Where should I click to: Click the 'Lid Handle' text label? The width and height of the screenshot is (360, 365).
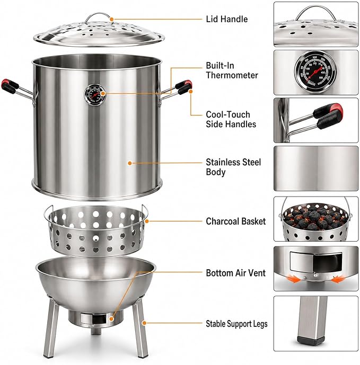pyautogui.click(x=227, y=19)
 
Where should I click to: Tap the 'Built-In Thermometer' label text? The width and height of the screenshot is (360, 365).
pyautogui.click(x=232, y=70)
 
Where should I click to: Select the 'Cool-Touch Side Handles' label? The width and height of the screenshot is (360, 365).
pyautogui.click(x=231, y=119)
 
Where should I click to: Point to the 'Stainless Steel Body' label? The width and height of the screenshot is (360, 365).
pyautogui.click(x=233, y=167)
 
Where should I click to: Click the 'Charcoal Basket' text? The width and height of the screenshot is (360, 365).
pyautogui.click(x=235, y=221)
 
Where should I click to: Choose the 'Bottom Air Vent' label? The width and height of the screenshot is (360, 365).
pyautogui.click(x=235, y=273)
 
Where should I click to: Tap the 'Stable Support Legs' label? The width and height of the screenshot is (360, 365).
pyautogui.click(x=236, y=324)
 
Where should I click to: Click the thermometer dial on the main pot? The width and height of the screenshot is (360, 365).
pyautogui.click(x=94, y=95)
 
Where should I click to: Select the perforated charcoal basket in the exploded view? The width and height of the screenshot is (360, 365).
pyautogui.click(x=96, y=230)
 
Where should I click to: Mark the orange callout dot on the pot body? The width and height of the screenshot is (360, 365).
pyautogui.click(x=130, y=163)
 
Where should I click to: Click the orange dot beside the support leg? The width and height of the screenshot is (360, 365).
pyautogui.click(x=144, y=323)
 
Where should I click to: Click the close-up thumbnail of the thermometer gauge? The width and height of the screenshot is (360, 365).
pyautogui.click(x=315, y=72)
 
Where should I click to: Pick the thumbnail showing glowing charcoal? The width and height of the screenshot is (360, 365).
pyautogui.click(x=315, y=219)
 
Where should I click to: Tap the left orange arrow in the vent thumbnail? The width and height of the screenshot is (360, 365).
pyautogui.click(x=294, y=278)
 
